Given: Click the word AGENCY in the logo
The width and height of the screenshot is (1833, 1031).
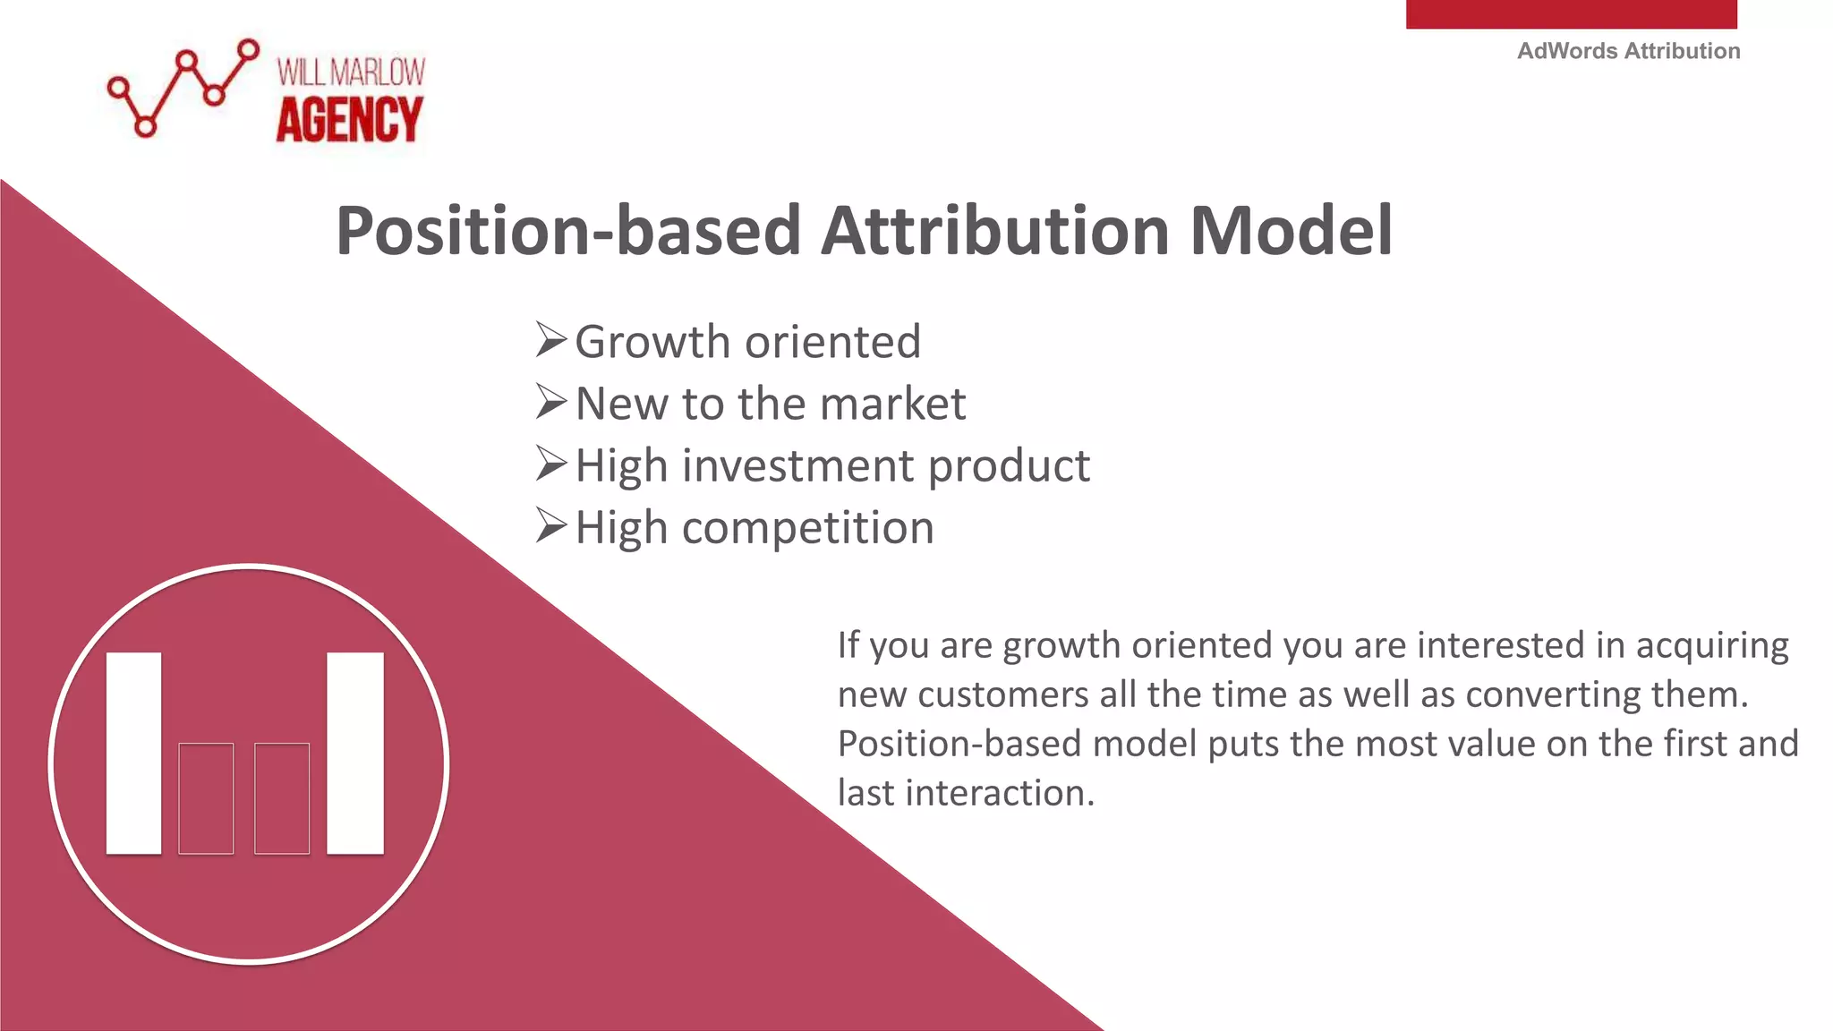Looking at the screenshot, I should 349,121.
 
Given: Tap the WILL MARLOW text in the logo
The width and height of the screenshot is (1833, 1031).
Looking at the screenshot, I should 351,72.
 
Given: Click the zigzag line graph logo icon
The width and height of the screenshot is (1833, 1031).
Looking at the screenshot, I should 183,88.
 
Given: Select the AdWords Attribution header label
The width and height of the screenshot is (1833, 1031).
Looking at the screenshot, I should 1628,51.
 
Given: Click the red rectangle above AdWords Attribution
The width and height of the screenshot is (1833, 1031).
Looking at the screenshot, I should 1571,13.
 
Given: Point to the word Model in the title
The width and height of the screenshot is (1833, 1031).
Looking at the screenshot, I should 1291,231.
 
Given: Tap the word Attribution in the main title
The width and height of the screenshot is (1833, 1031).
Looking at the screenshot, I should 994,231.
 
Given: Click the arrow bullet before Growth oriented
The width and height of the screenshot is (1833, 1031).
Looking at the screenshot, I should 550,341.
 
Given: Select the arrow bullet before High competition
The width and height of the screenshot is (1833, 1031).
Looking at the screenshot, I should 550,526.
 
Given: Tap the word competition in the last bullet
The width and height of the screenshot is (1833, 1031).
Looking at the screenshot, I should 807,528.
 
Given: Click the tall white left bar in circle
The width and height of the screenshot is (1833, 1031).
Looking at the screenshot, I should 134,753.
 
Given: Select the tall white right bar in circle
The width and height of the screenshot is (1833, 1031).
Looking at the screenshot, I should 355,753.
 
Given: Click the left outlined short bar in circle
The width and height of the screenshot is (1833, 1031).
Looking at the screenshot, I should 206,798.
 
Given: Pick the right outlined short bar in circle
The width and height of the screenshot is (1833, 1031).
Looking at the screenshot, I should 282,798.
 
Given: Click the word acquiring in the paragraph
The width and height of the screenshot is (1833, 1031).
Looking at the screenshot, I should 1711,645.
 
